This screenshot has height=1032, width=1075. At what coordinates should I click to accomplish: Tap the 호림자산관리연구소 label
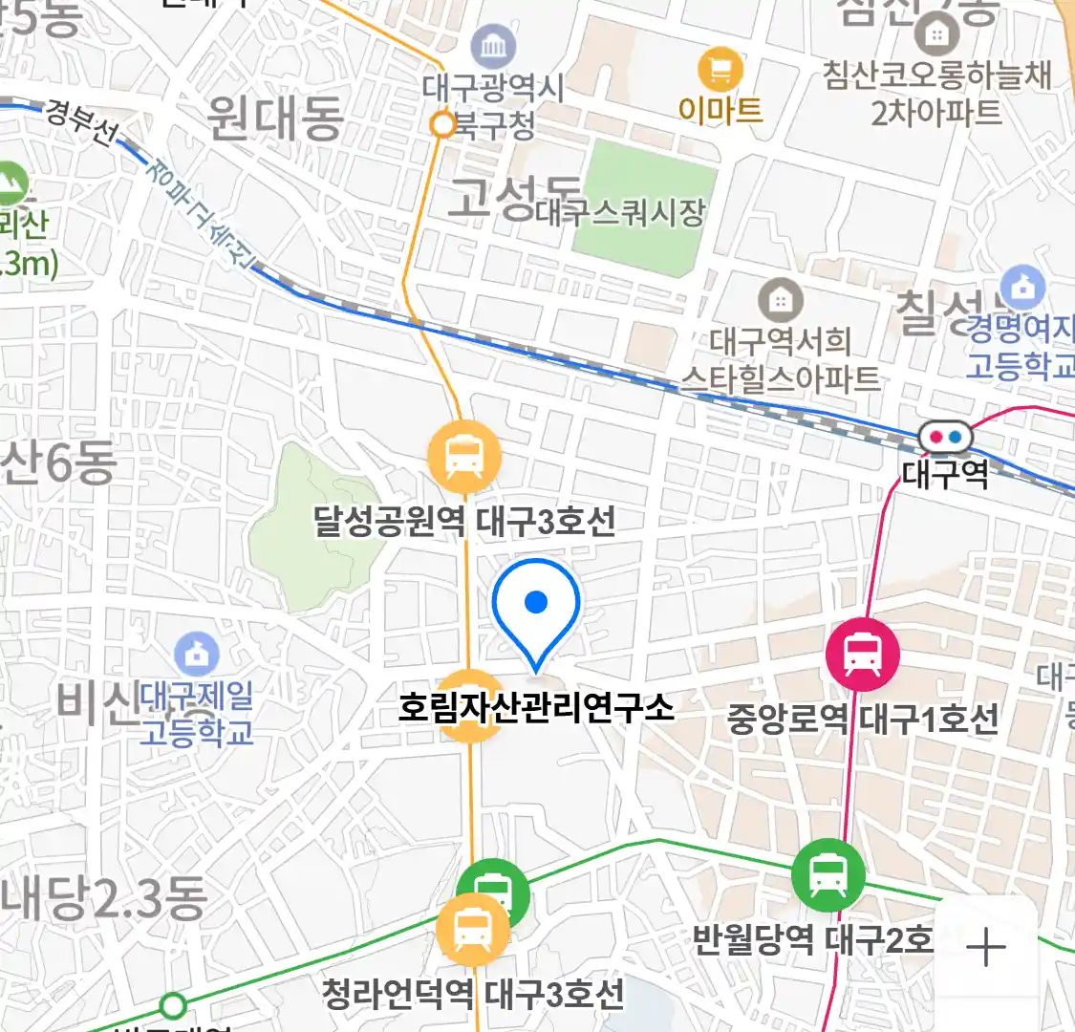click(536, 708)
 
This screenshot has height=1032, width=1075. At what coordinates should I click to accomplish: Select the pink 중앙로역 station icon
click(862, 655)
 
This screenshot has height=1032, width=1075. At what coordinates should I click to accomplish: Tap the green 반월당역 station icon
click(828, 875)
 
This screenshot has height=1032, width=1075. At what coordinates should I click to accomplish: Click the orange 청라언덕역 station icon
click(472, 931)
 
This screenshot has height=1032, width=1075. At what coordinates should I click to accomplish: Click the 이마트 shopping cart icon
click(720, 69)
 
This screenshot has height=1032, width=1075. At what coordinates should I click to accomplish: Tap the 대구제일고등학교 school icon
click(197, 655)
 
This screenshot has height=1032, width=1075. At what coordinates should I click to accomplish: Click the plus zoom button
click(985, 948)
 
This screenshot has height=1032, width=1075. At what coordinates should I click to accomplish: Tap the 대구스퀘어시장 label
click(621, 212)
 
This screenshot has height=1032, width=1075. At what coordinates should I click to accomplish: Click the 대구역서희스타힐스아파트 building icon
click(781, 302)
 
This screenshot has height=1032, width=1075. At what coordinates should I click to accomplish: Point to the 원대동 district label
click(274, 118)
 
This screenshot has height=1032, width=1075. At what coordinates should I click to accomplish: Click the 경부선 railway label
click(80, 121)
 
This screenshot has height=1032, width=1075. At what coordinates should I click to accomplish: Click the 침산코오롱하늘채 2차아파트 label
click(936, 94)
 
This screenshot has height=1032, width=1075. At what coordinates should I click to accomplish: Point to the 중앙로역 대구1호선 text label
click(863, 719)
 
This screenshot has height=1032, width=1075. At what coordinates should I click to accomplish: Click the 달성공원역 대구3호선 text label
click(464, 522)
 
